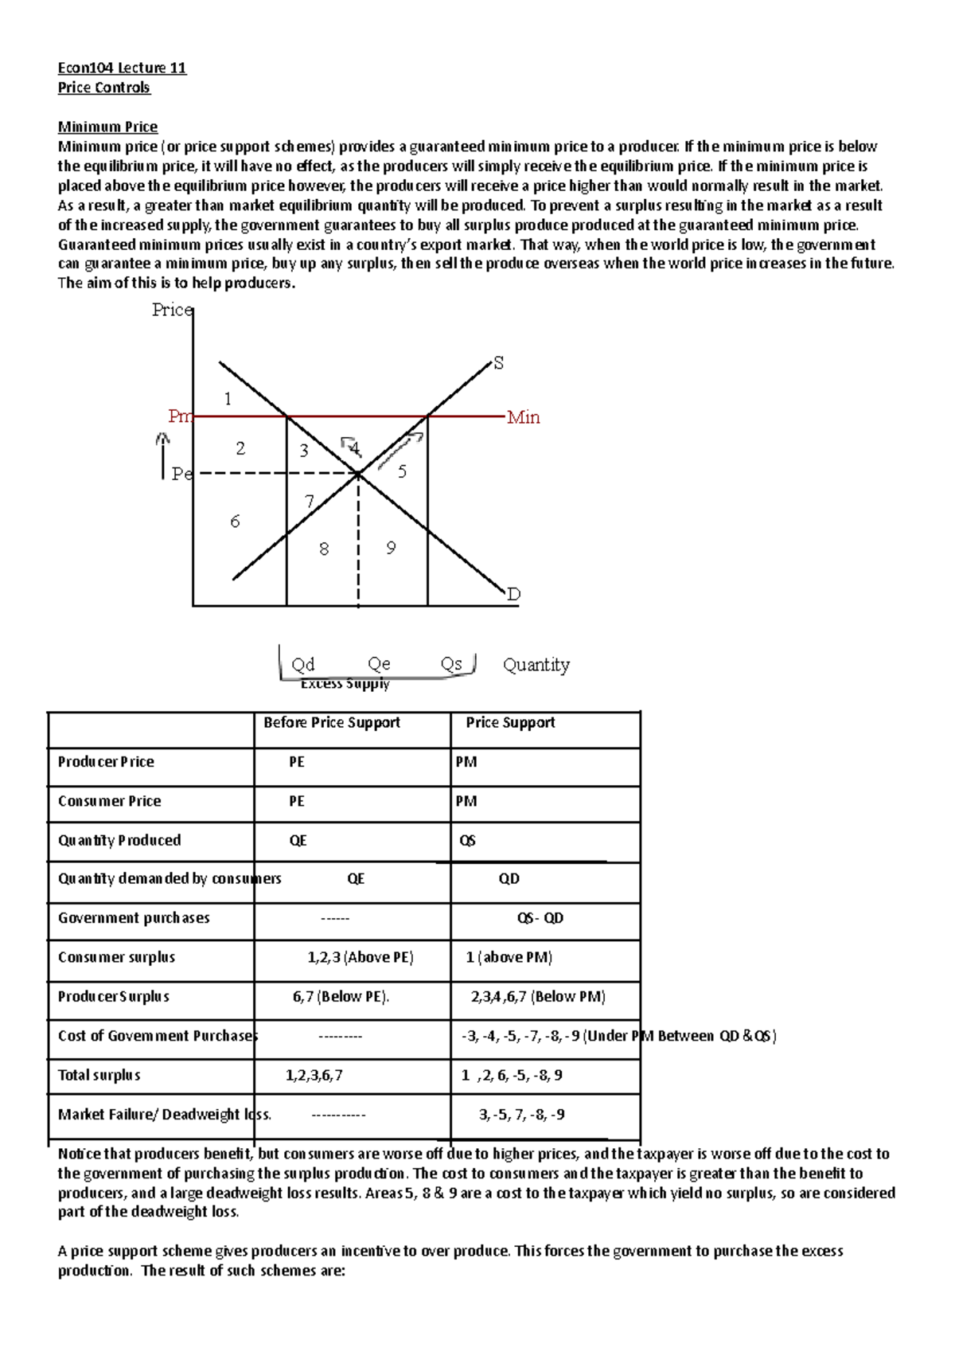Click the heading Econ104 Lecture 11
pos(122,68)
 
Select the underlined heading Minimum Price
pos(107,127)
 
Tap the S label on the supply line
pos(499,363)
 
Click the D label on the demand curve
pos(513,594)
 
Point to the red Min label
pos(524,417)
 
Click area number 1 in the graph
pos(228,399)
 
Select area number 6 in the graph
pos(235,522)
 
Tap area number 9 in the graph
pos(391,548)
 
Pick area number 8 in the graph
pos(324,549)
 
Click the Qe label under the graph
pos(379,664)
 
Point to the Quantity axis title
pos(536,664)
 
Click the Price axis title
pos(172,310)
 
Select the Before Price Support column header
pos(332,722)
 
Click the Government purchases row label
pos(134,918)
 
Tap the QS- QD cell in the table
pos(540,918)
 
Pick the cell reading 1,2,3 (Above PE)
pos(361,957)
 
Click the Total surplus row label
pos(99,1075)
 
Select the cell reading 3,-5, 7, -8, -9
pos(522,1114)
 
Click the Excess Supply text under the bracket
pos(345,684)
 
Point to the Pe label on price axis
pos(181,474)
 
